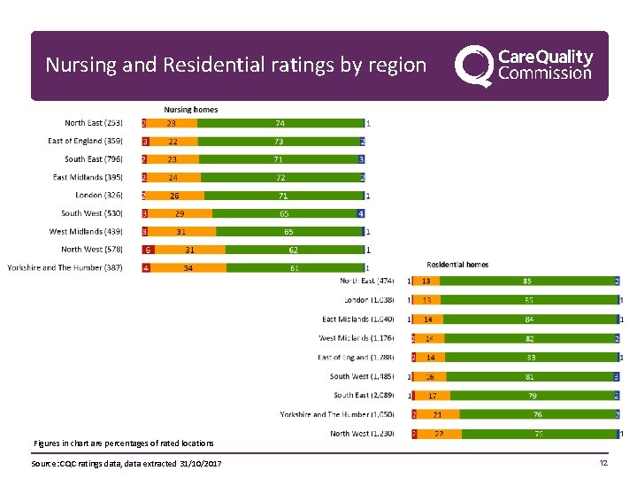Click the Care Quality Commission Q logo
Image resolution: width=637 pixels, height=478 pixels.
pyautogui.click(x=473, y=66)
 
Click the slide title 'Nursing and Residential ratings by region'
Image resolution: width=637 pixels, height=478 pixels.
pyautogui.click(x=235, y=66)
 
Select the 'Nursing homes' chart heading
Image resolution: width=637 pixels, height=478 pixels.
pyautogui.click(x=190, y=110)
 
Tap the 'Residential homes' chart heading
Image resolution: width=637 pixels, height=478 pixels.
pyautogui.click(x=457, y=264)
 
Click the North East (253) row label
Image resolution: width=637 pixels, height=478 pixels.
pyautogui.click(x=94, y=123)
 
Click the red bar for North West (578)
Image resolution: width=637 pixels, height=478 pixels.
pyautogui.click(x=150, y=250)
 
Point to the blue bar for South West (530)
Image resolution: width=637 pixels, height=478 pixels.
pyautogui.click(x=361, y=213)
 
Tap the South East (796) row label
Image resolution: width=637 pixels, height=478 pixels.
pyautogui.click(x=94, y=159)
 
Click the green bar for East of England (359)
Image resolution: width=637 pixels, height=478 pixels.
pyautogui.click(x=279, y=142)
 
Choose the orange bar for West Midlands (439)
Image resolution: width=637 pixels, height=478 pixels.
pyautogui.click(x=181, y=232)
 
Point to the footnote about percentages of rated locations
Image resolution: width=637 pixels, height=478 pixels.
pyautogui.click(x=123, y=443)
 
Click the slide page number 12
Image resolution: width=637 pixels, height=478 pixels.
pyautogui.click(x=603, y=464)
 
